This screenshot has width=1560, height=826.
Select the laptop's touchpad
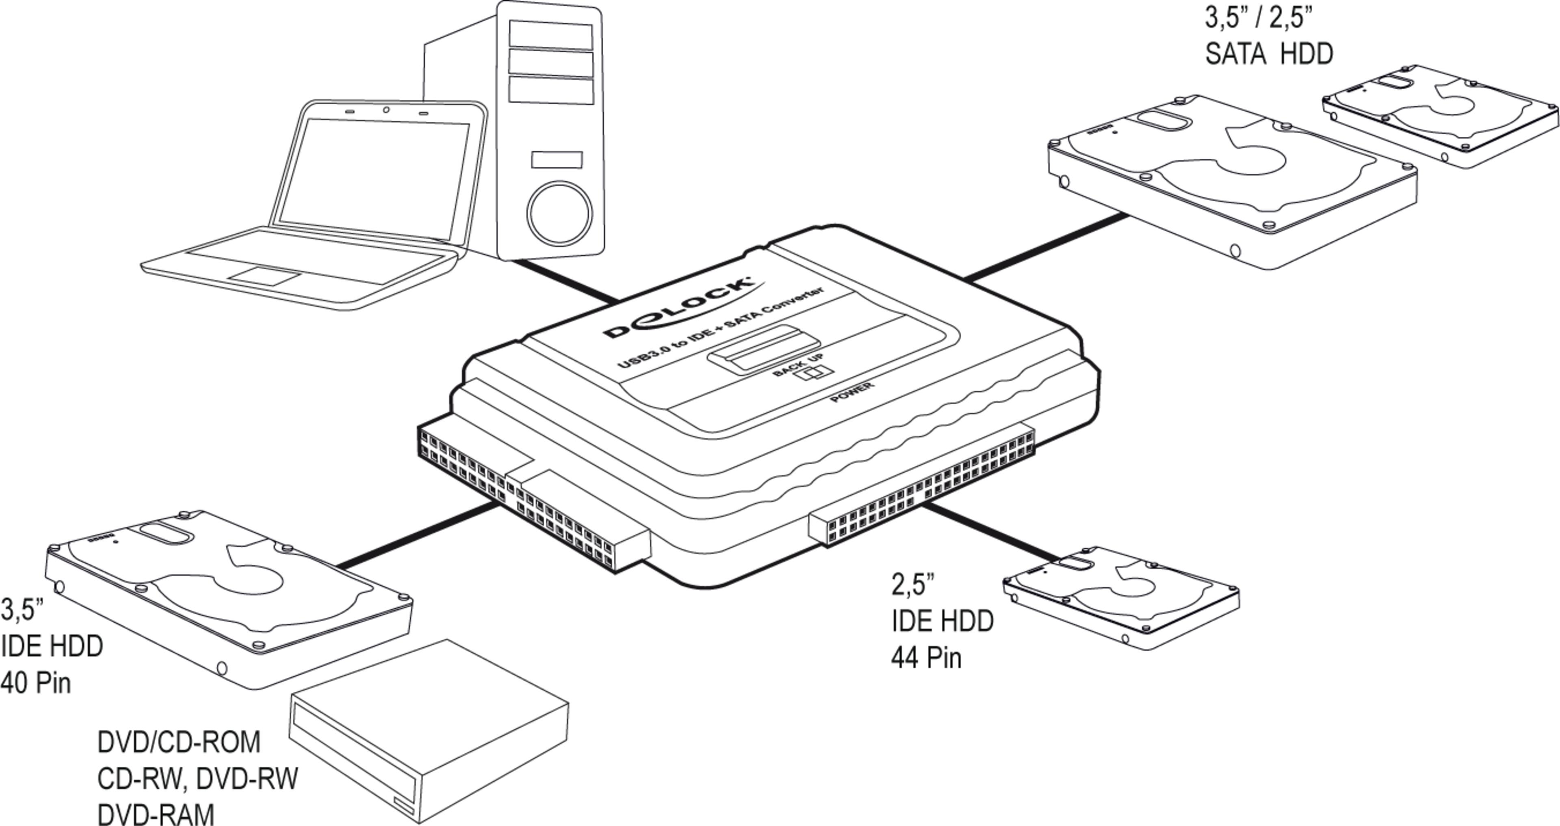coord(264,276)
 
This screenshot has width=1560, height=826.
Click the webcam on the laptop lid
coord(386,110)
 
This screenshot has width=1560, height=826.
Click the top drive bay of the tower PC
coord(550,35)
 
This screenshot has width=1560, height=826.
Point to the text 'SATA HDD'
coord(1269,54)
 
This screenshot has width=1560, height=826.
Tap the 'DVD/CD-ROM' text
coord(179,742)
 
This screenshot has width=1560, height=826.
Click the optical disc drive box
coord(430,726)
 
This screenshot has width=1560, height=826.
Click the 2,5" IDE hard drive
coord(1120,596)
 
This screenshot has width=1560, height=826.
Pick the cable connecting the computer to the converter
coord(563,280)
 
